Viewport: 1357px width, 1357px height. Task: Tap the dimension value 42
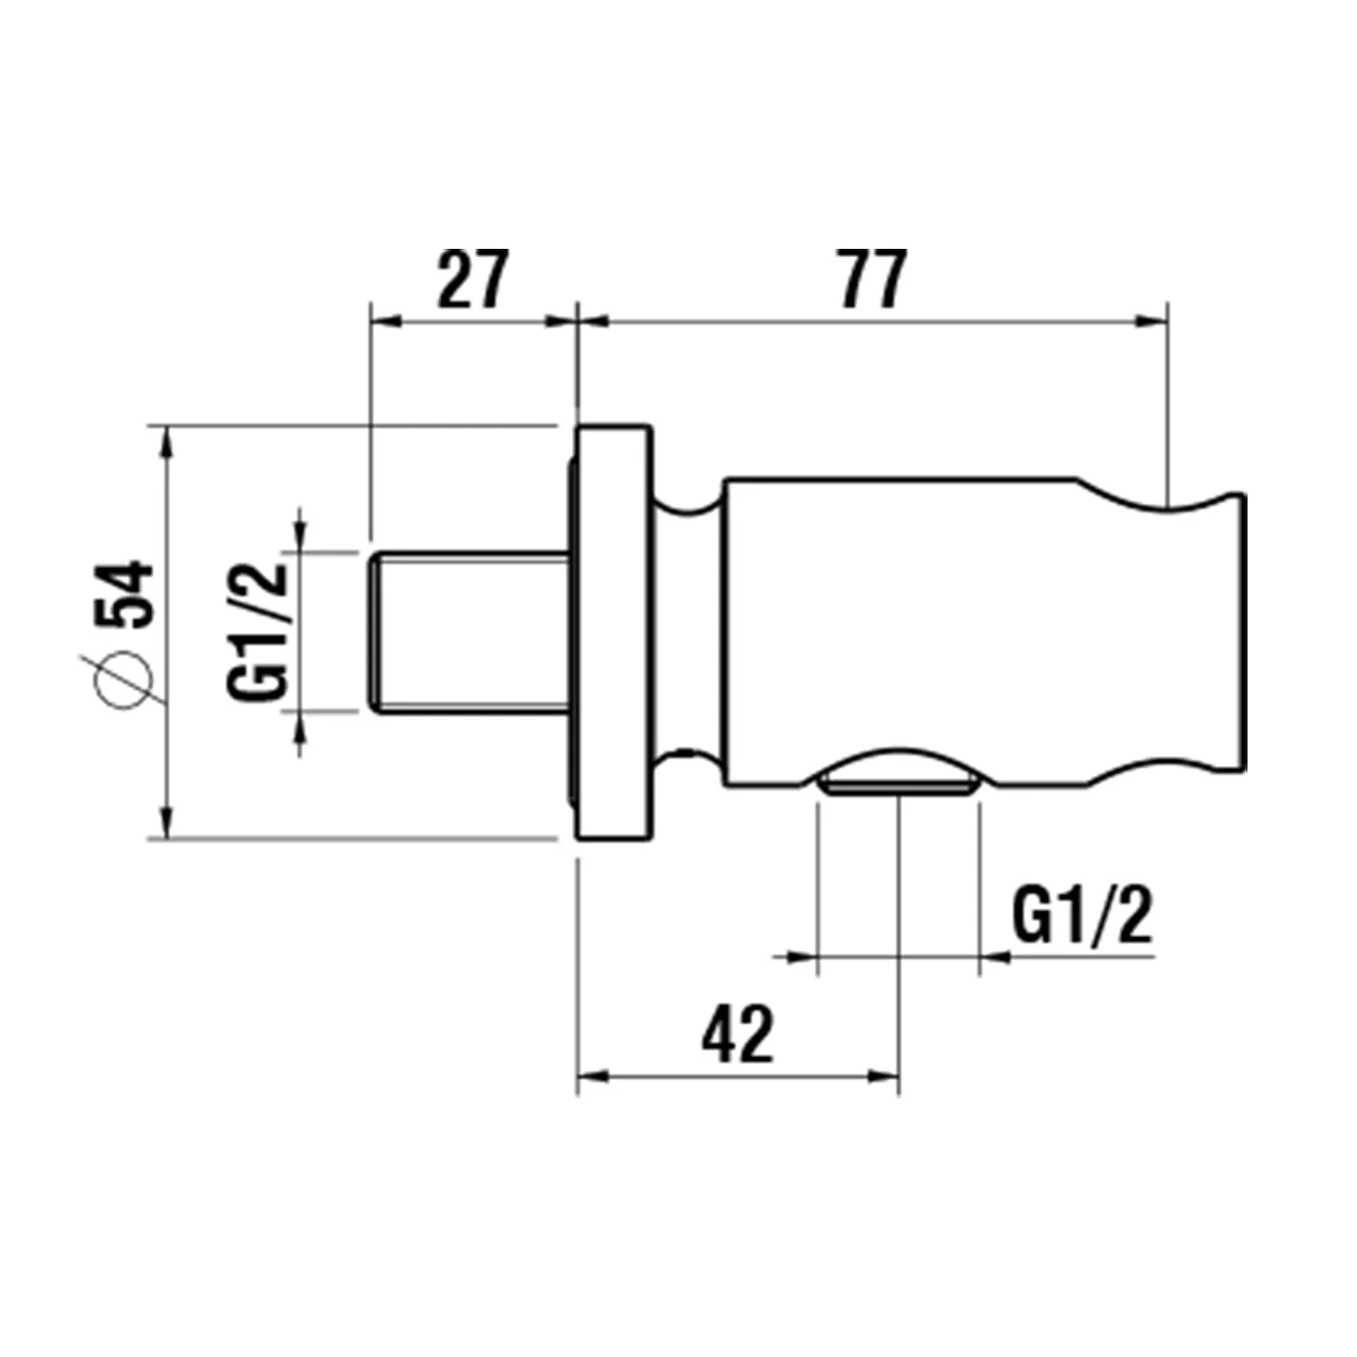(737, 1034)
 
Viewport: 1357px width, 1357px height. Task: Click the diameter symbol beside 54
(126, 678)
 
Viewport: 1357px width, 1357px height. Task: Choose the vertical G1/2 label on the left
(258, 631)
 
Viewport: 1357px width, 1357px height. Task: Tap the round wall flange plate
(612, 631)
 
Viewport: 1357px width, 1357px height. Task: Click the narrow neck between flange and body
(688, 631)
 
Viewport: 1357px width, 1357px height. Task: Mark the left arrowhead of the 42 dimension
(593, 1076)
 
